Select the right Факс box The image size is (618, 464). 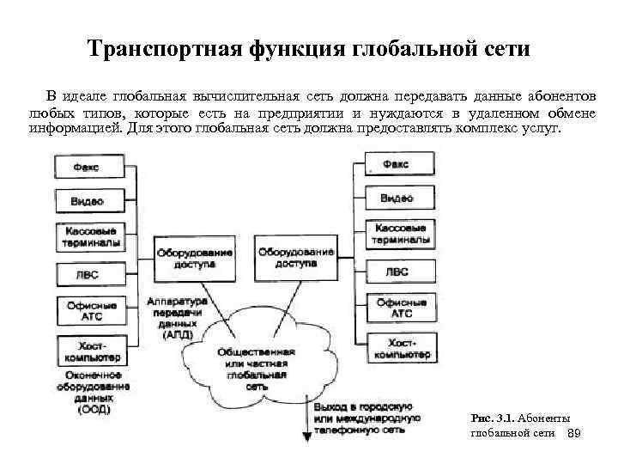coord(397,164)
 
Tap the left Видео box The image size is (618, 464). coord(87,201)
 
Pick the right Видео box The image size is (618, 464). coord(397,198)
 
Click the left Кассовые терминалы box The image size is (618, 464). coord(87,235)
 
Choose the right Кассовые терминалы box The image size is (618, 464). coord(397,233)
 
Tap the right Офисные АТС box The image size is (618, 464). coord(397,308)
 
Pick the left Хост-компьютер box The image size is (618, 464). coord(87,348)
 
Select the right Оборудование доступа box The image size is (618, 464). coord(295,258)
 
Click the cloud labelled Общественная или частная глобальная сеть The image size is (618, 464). coord(257,365)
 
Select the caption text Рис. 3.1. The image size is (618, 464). coord(492,418)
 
